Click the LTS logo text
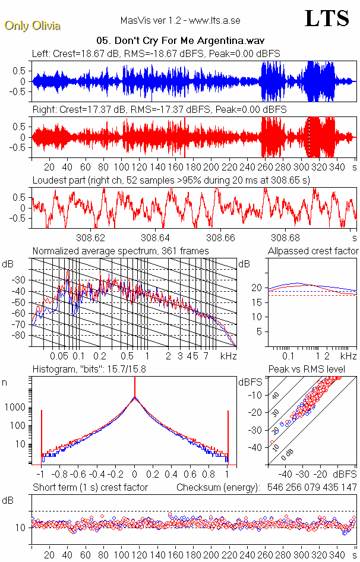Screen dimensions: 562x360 tap(326, 18)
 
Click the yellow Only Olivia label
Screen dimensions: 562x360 tap(32, 26)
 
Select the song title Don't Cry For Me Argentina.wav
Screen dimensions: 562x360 tap(180, 42)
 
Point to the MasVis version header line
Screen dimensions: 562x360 tap(180, 21)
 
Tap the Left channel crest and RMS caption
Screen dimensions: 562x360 tap(156, 54)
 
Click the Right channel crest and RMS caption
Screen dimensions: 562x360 tap(159, 110)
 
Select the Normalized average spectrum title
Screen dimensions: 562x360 tap(121, 251)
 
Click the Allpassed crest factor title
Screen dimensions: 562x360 tap(313, 251)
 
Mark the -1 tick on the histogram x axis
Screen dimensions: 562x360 tap(40, 475)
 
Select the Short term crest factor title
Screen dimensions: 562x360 tap(90, 488)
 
